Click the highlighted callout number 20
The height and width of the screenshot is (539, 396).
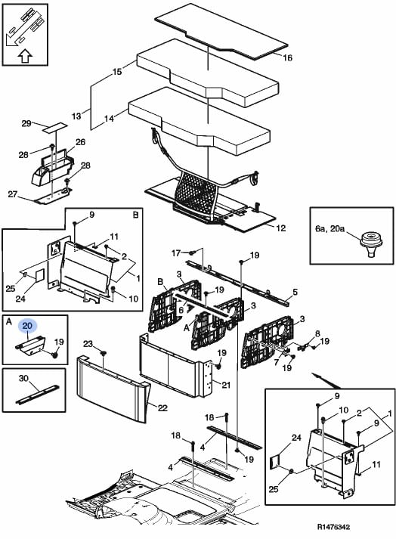tap(27, 325)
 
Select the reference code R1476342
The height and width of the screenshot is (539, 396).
tap(333, 527)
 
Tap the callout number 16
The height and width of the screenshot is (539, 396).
tap(287, 57)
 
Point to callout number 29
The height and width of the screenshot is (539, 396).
tap(26, 123)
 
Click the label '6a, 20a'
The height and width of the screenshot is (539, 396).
tap(330, 228)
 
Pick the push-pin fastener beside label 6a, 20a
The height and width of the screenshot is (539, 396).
tap(371, 245)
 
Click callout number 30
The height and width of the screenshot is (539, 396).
tap(23, 379)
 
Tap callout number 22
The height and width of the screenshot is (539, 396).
tap(162, 407)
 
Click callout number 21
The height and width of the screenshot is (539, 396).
tap(225, 385)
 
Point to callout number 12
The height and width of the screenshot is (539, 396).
tap(281, 228)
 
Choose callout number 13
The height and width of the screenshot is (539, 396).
tap(76, 116)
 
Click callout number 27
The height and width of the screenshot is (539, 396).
tap(12, 194)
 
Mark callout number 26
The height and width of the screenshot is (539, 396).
tap(80, 142)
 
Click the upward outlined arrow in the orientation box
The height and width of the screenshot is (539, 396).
tap(25, 56)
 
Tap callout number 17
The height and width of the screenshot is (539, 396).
tap(176, 253)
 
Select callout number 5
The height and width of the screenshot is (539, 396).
tap(295, 293)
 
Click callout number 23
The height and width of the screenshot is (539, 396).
tap(88, 344)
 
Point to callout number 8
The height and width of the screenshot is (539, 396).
tap(317, 333)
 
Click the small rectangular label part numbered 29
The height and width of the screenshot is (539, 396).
tap(54, 127)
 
